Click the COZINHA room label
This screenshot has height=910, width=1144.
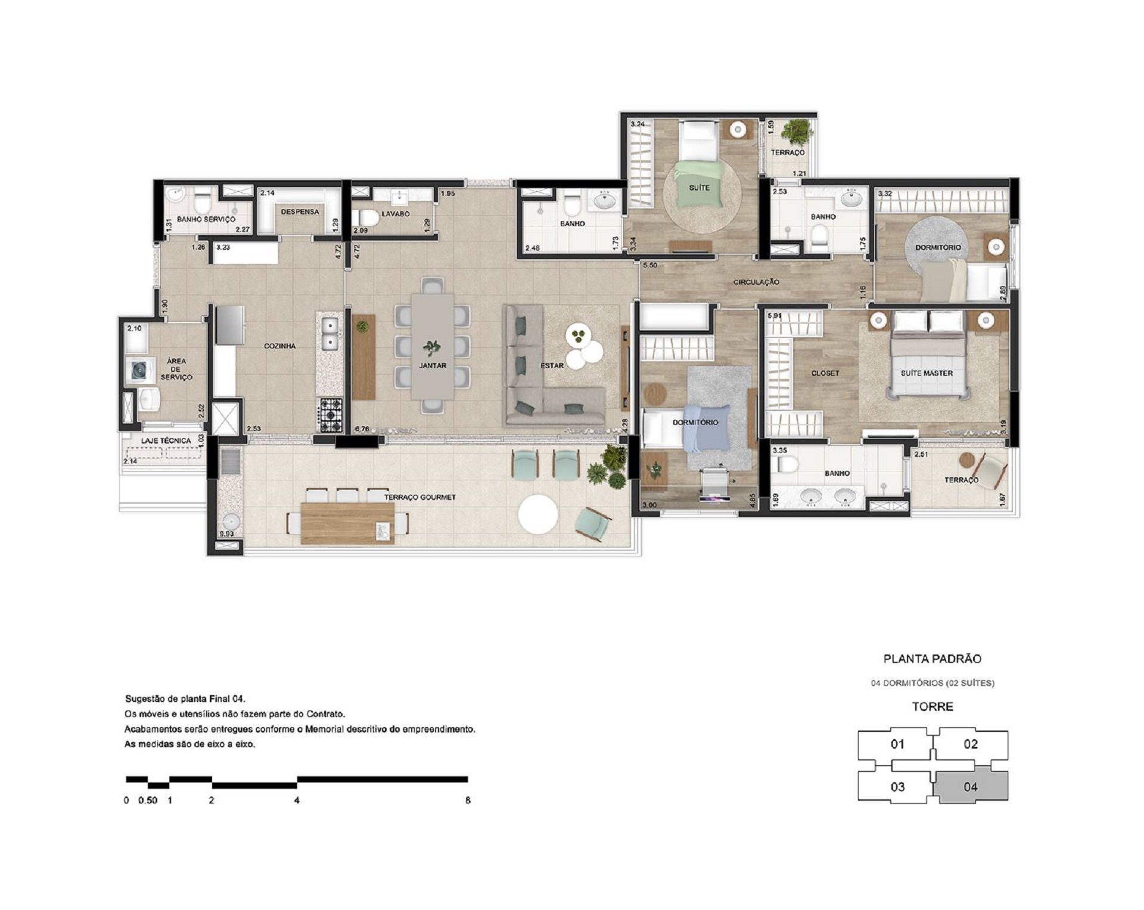click(279, 346)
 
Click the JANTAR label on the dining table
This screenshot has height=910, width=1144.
click(433, 366)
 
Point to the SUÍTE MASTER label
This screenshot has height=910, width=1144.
click(927, 373)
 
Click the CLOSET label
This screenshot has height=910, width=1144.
click(825, 373)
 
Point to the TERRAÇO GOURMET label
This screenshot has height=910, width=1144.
click(419, 497)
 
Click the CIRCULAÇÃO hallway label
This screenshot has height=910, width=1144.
click(756, 282)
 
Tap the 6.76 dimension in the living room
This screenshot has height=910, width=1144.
click(362, 428)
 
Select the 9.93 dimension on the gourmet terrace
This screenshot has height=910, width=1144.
click(226, 534)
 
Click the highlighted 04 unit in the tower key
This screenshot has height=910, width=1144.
click(971, 786)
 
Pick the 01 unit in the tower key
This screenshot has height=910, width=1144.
click(897, 744)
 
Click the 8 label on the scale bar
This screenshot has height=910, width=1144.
click(468, 800)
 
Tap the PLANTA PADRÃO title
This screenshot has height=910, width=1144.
click(932, 659)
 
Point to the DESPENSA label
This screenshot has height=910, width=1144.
click(300, 211)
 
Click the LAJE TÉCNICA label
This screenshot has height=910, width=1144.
click(166, 441)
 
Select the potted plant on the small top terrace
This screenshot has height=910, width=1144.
click(795, 131)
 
